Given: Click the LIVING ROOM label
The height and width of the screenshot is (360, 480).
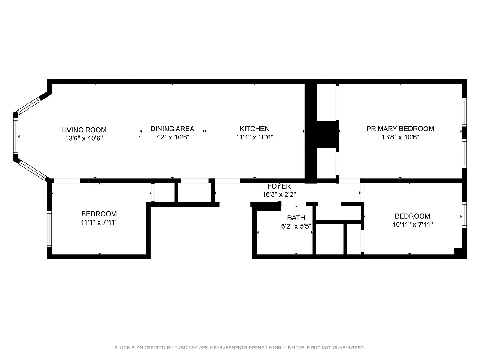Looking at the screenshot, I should coord(84,130).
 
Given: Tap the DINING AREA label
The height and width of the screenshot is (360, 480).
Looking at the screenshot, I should coord(172,129).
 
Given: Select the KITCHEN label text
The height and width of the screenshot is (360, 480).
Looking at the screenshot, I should coord(255,129).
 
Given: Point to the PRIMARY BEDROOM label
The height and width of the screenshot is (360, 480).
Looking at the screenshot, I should coord(400,129).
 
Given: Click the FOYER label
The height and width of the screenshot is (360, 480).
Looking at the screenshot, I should coord(279,186).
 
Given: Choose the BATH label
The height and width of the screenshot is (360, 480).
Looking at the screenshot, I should coord(296,218).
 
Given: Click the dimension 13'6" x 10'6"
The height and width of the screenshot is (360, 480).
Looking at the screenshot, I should coord(84,139).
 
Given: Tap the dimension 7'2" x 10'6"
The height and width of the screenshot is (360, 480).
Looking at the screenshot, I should coord(172,137).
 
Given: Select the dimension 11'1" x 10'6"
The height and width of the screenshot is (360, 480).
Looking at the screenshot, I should coord(255,137).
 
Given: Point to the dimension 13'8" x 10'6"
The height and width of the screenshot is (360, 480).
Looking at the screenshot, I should coord(400,137).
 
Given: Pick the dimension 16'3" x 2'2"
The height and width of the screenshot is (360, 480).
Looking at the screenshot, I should coord(279,194).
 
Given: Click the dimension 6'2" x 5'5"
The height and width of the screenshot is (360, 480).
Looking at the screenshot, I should coord(296,226).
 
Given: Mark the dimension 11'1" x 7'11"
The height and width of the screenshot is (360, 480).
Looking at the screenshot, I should coord(99,222).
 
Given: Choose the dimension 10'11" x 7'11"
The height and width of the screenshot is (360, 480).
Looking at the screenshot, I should coord(413,224).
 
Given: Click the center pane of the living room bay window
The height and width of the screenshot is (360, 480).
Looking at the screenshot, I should coord(16,136).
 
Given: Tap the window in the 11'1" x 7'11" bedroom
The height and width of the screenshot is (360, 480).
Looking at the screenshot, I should coord(49,229).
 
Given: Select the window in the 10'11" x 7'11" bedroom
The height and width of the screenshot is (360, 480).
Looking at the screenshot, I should coord(464,215).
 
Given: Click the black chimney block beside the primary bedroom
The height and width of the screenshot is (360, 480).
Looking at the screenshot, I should coord(327,134).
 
